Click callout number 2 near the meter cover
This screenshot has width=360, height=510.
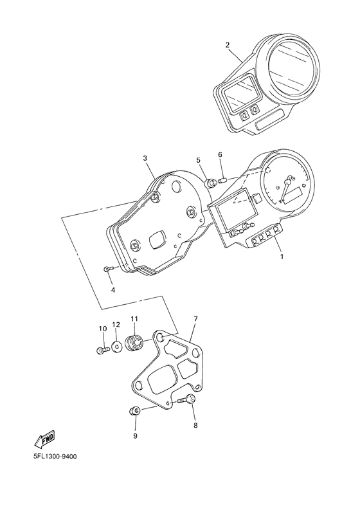(x=228, y=45)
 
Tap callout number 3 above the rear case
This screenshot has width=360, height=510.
(x=145, y=158)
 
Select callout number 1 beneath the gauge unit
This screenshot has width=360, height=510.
(x=282, y=257)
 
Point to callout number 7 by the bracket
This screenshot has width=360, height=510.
(x=195, y=319)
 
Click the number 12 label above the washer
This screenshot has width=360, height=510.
(x=116, y=324)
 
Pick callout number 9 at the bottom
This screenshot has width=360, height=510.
(x=135, y=436)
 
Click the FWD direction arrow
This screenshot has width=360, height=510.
(x=44, y=439)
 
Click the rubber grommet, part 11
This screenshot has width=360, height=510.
(x=134, y=343)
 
